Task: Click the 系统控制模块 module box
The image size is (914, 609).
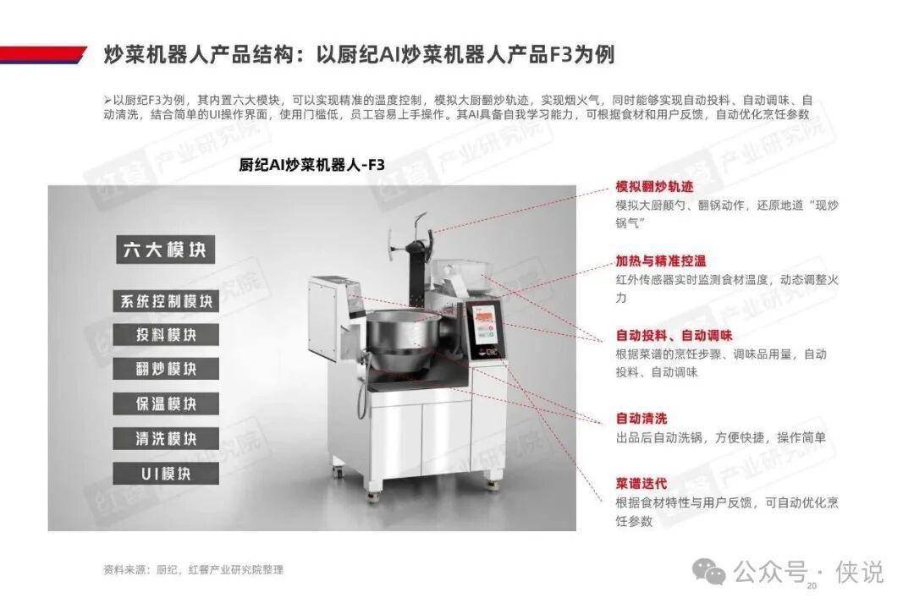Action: point(166,301)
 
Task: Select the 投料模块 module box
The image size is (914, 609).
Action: point(166,335)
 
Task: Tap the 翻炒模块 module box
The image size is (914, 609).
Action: point(166,369)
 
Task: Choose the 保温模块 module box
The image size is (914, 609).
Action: point(166,403)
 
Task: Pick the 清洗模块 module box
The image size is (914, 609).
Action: point(166,439)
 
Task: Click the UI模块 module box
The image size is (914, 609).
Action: point(166,474)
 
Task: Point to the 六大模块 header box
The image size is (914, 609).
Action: point(166,250)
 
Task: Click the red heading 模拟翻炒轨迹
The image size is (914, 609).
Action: point(654,186)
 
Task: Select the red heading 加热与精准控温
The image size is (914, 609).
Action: point(660,261)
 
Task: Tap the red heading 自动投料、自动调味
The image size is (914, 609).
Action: point(674,336)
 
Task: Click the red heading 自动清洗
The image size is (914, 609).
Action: point(641,419)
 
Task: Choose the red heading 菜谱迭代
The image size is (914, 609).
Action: point(641,483)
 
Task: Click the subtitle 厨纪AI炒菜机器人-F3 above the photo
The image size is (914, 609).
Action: point(311,165)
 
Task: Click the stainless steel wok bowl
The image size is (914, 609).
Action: point(402,341)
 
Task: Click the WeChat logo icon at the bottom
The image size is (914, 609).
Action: point(709,571)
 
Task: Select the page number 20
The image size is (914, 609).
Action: point(812,585)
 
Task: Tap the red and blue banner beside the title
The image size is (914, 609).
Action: point(42,54)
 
